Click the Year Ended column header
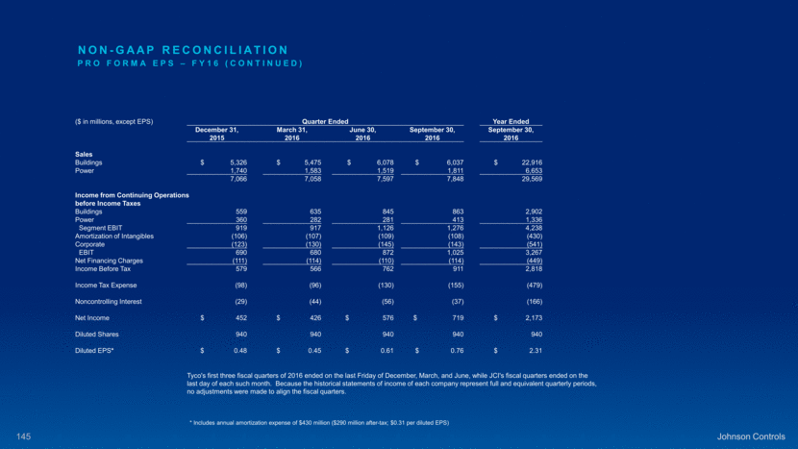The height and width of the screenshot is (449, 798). (510, 121)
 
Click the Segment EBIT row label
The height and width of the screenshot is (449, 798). (100, 227)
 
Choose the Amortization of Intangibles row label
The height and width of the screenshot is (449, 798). (114, 236)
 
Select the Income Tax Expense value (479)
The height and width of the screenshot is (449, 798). (520, 285)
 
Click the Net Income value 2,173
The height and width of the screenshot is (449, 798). (519, 317)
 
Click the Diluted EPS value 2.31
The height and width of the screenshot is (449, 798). (523, 350)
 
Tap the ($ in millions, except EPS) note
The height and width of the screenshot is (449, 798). (114, 121)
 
